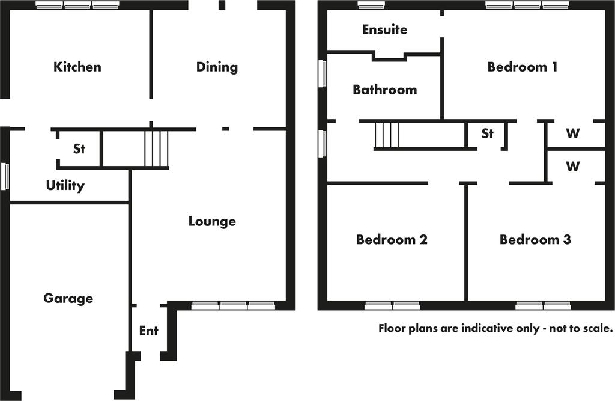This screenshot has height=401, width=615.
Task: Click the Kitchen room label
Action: [77, 66]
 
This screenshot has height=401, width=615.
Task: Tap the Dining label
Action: [217, 67]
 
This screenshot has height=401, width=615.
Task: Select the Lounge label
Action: [212, 221]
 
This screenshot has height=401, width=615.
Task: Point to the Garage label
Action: [68, 298]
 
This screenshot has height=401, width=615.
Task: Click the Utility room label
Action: [65, 185]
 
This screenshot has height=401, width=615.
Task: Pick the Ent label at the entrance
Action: [149, 331]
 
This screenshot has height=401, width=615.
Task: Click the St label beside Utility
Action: [79, 148]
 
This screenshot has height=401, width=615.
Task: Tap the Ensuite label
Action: [385, 29]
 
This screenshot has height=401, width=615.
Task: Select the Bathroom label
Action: [385, 90]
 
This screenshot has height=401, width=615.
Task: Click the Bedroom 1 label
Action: [522, 67]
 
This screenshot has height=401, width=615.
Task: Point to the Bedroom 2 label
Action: [392, 240]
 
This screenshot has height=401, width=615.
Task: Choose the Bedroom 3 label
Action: [535, 240]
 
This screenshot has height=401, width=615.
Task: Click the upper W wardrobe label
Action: [572, 133]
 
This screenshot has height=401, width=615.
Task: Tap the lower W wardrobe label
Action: [572, 166]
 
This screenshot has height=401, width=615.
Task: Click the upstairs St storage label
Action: [487, 133]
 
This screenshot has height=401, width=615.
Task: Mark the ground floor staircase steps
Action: [157, 148]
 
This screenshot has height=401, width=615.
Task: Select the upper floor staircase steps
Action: [387, 135]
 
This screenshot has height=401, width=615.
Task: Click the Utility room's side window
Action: [5, 176]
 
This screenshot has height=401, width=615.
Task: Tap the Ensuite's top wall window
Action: [371, 5]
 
